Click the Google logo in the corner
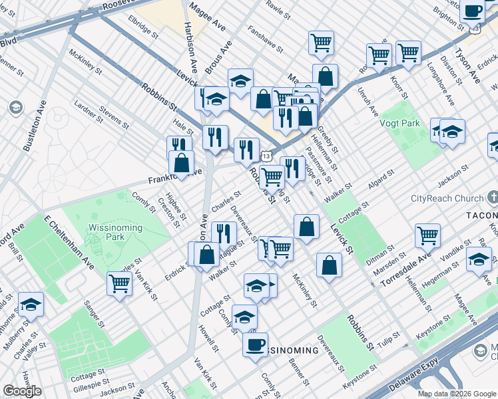pos(22,391)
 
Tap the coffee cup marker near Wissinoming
pos(255,345)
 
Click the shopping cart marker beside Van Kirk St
pos(120,283)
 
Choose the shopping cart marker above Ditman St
pos(427,235)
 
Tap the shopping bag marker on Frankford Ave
pos(181,162)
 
